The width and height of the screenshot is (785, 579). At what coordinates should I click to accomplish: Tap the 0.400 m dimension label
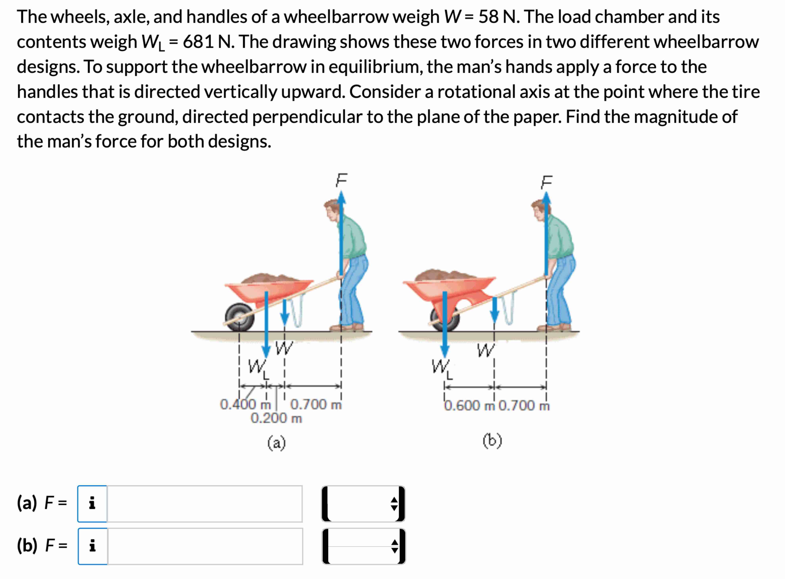coord(245,404)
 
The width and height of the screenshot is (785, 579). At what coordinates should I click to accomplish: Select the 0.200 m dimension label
coord(276,418)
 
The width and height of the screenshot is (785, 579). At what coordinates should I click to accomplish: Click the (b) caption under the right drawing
coord(492,441)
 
